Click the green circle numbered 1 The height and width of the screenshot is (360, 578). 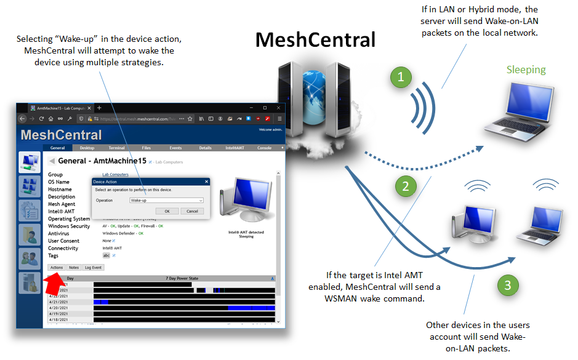coord(401,77)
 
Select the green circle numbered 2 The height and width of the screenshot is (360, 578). coord(405,185)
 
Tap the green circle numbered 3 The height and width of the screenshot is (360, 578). coord(507,285)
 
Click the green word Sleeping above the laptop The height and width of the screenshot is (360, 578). coord(526,70)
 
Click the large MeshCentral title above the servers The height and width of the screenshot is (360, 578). coord(315,39)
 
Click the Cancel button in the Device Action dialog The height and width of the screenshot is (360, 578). coord(192,211)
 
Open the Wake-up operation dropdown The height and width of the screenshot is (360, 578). coord(166,200)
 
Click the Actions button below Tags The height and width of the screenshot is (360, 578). coord(57,268)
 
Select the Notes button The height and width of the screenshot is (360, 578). coord(74,268)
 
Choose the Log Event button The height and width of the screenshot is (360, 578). coord(94,268)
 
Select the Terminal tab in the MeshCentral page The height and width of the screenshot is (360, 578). coord(117,148)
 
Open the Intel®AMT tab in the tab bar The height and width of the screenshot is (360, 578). coord(235,148)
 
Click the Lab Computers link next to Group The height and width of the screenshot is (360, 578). coord(115,175)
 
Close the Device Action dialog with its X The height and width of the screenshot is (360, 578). coord(206,182)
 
